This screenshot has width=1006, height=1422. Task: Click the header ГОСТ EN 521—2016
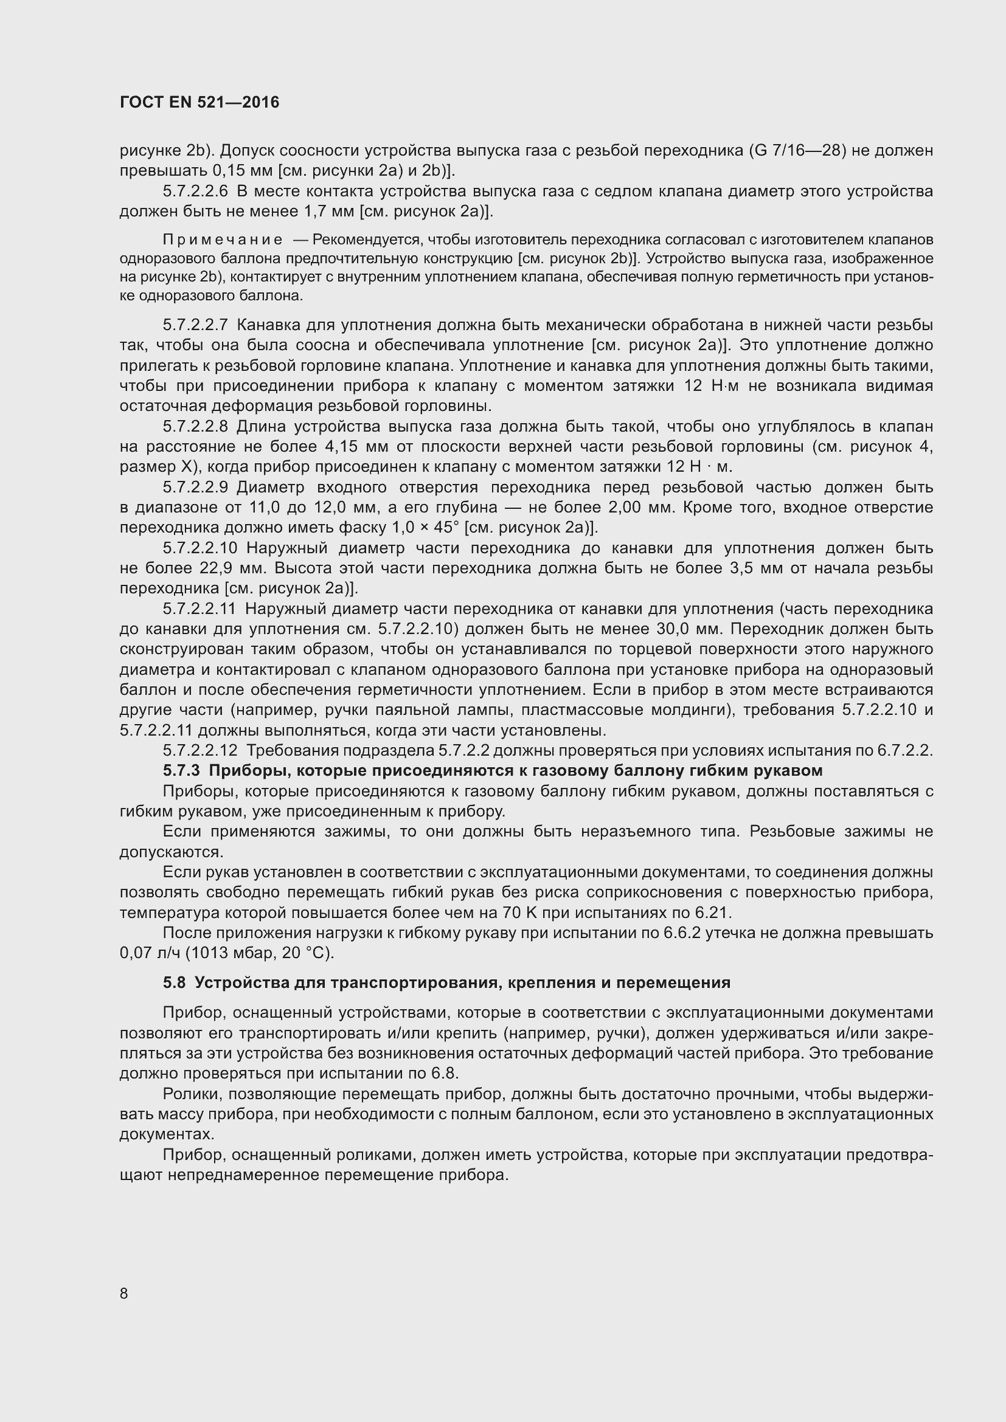pyautogui.click(x=199, y=103)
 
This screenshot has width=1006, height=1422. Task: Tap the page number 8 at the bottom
pyautogui.click(x=124, y=1293)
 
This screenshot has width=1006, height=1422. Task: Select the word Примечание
pyautogui.click(x=223, y=240)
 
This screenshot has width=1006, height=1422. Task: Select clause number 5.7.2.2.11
pyautogui.click(x=199, y=609)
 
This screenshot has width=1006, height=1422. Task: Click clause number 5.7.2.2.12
pyautogui.click(x=199, y=751)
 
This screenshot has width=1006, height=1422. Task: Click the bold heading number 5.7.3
pyautogui.click(x=181, y=771)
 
